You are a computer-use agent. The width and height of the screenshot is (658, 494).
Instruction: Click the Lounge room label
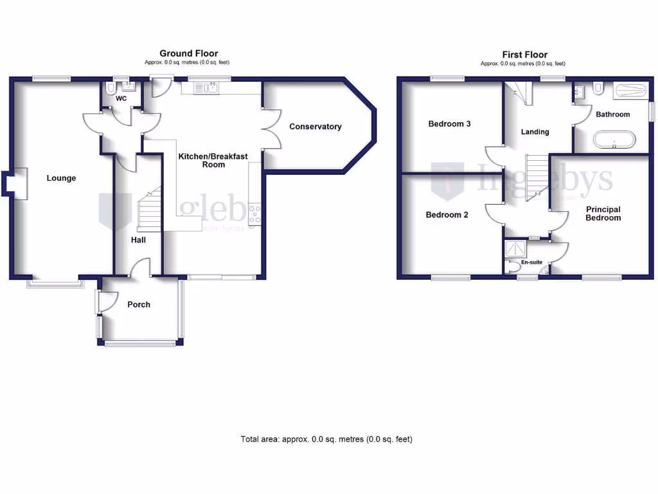(61, 178)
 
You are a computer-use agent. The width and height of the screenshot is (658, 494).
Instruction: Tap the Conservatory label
(315, 127)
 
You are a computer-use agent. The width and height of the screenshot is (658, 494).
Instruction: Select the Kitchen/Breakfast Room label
(213, 160)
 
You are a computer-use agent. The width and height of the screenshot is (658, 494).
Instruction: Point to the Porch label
(139, 304)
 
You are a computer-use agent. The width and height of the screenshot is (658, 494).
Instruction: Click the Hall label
(138, 240)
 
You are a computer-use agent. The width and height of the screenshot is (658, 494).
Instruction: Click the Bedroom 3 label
(450, 123)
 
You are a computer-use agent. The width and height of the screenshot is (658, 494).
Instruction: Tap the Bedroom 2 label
(447, 215)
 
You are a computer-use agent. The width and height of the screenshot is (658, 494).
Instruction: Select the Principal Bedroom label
(603, 214)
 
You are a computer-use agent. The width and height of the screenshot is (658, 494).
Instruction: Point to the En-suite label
(531, 262)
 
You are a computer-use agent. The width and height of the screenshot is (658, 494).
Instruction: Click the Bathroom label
(612, 114)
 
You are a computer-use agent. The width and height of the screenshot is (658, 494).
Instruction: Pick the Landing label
(535, 132)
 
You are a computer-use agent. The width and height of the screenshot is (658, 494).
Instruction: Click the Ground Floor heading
(188, 53)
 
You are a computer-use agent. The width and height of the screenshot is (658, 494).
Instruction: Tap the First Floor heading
(524, 55)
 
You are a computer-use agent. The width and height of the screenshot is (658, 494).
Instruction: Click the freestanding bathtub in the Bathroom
(614, 140)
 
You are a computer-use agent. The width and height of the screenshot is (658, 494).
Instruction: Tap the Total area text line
(326, 439)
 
